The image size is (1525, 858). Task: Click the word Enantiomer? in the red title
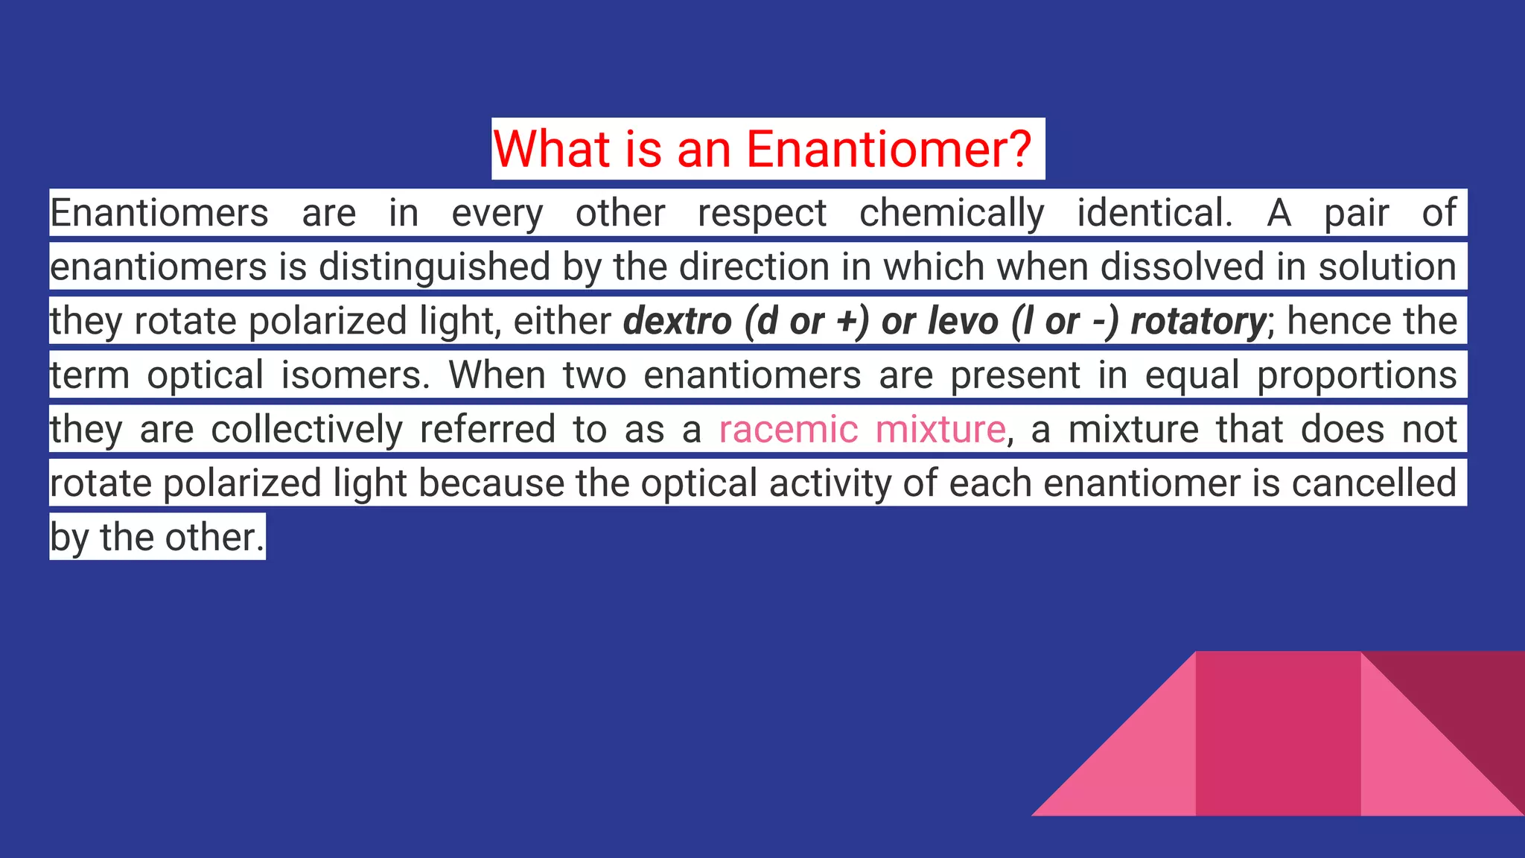point(888,149)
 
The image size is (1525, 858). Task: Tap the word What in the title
point(552,149)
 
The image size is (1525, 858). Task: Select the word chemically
point(952,214)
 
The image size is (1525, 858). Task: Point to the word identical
point(1154,214)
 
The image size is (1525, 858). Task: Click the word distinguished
point(436,267)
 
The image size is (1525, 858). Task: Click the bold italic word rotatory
point(1197,322)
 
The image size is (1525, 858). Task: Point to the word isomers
point(355,375)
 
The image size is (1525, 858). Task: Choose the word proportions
point(1356,375)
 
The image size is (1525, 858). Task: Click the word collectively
point(307,430)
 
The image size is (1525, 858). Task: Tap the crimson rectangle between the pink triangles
point(1278,734)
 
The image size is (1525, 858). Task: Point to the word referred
point(488,430)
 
